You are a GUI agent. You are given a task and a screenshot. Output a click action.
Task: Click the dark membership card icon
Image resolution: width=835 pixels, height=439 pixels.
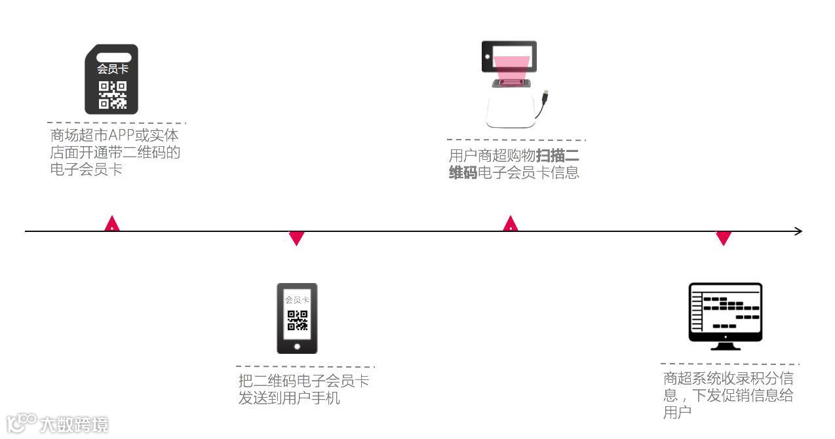(111, 79)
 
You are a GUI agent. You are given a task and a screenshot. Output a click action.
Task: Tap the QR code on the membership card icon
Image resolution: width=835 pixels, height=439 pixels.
(112, 95)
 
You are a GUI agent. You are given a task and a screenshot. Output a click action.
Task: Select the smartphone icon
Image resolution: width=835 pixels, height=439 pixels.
(297, 318)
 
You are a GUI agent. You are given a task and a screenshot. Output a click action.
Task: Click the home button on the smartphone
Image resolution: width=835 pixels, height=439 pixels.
(297, 346)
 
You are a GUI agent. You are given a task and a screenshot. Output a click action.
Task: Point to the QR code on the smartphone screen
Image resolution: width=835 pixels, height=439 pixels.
(297, 320)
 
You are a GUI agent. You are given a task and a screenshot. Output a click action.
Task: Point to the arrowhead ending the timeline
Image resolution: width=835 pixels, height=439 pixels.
(798, 231)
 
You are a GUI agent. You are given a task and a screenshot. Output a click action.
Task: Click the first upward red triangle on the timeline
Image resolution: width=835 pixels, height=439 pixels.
(113, 224)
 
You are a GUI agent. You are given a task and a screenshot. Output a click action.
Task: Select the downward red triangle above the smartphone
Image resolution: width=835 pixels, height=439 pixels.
(297, 239)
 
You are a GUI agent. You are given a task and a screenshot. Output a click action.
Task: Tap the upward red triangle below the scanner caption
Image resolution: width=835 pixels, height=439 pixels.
(511, 224)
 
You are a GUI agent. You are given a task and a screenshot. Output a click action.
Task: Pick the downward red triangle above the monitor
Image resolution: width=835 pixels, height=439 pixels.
(724, 239)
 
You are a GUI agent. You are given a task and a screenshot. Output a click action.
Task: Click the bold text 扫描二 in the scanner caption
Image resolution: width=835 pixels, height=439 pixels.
(557, 156)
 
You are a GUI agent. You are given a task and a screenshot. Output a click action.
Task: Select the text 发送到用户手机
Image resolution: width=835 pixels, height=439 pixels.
(289, 398)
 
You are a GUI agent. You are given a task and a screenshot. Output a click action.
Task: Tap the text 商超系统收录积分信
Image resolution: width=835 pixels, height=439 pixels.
(728, 379)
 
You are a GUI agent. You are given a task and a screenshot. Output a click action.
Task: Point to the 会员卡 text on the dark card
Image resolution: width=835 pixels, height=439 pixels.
(112, 69)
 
